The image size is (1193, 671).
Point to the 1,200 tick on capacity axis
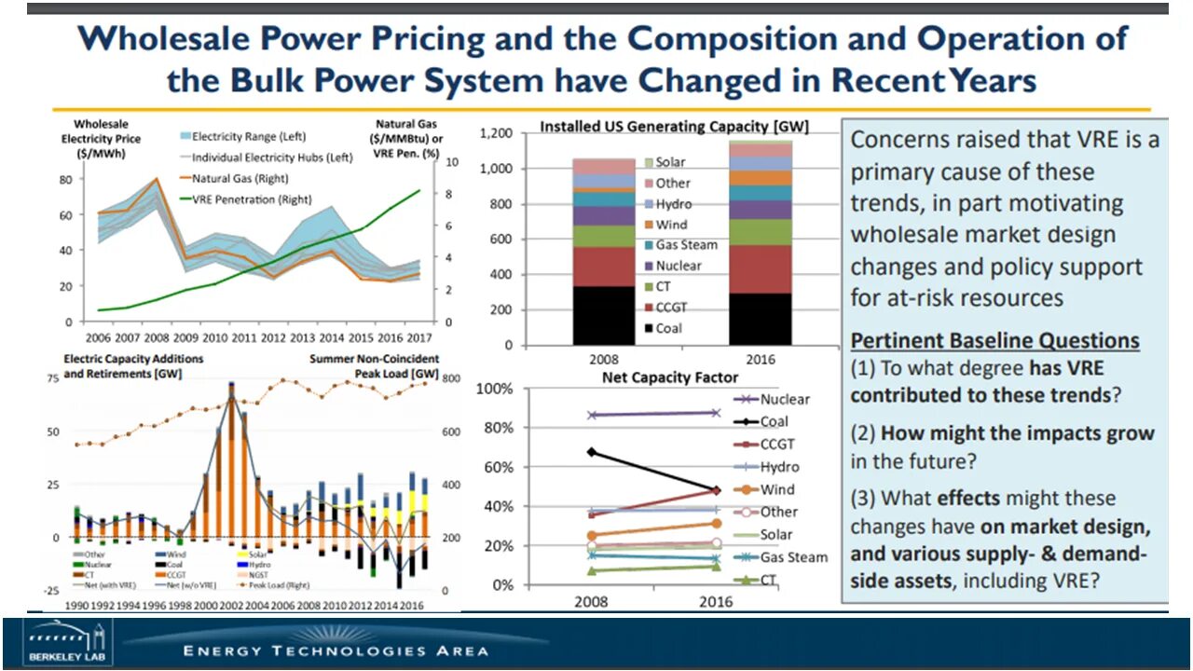[523, 133]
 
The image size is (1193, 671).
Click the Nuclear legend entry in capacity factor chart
[785, 399]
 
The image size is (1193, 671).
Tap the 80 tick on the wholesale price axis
[66, 179]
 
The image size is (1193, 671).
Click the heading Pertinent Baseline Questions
[994, 340]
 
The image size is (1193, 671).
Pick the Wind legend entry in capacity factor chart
[777, 489]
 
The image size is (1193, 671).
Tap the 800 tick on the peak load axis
[450, 378]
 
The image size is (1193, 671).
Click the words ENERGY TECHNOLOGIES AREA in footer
[336, 650]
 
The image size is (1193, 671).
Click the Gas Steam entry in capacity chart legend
[686, 245]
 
